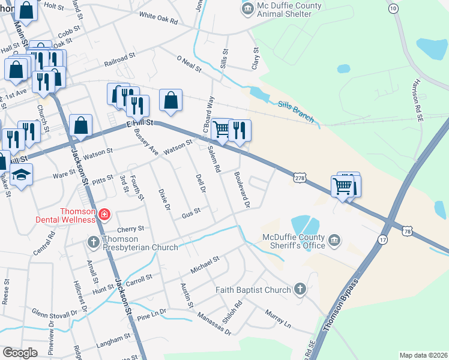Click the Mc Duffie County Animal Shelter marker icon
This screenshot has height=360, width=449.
[247, 10]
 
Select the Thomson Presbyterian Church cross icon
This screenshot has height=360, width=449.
[93, 242]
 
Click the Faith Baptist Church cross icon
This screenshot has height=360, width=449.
[300, 290]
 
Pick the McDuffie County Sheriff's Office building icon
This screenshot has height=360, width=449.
[334, 241]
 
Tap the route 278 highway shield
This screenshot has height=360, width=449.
[301, 178]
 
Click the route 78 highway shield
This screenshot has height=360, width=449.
[408, 231]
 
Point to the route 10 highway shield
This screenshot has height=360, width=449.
[393, 8]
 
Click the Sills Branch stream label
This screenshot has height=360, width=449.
[295, 112]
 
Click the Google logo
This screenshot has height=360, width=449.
[20, 353]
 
